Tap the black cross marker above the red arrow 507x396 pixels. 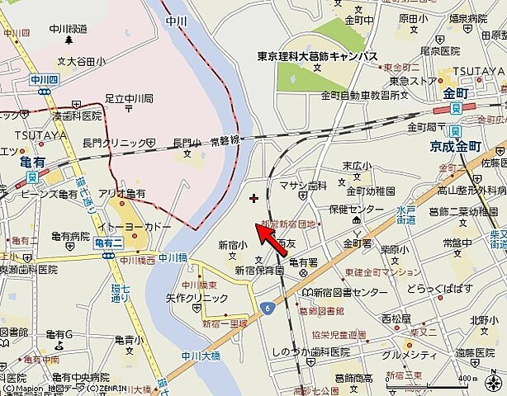click(253, 198)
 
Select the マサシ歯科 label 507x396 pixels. click(303, 186)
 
